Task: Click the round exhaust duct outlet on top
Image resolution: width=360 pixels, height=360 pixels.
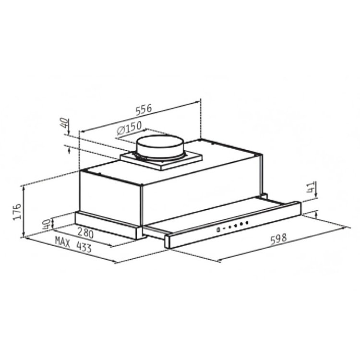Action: click(160, 146)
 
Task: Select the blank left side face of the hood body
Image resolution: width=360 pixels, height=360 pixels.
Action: click(110, 197)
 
